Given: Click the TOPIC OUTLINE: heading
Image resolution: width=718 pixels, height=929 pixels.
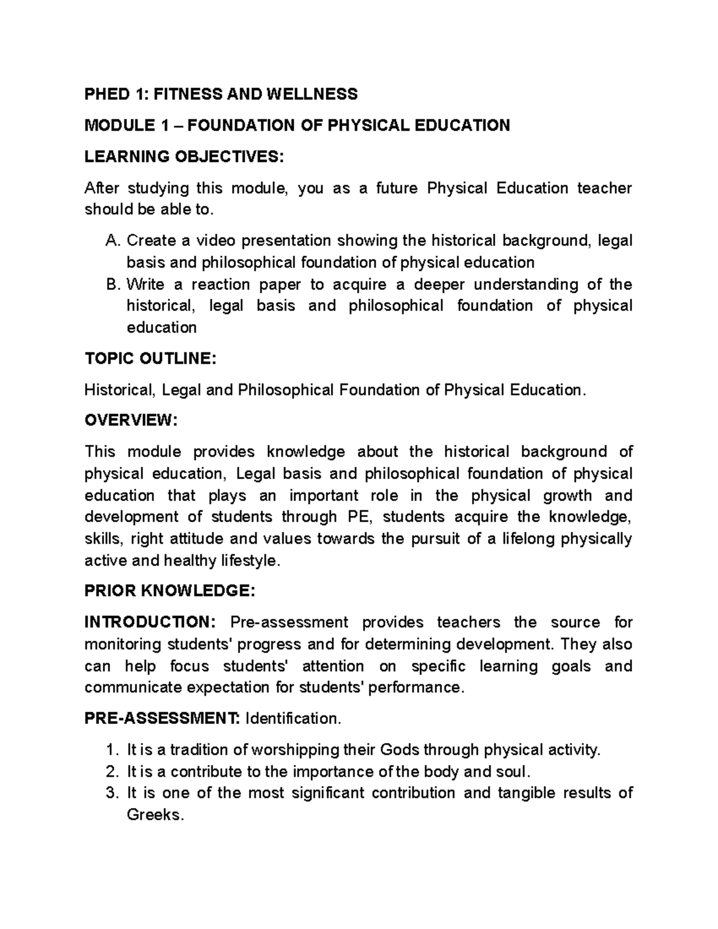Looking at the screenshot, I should (x=148, y=359).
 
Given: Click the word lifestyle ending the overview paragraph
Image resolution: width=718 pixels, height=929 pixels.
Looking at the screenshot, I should (x=249, y=561).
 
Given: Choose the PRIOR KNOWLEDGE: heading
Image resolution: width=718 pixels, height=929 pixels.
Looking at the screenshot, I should (x=170, y=591).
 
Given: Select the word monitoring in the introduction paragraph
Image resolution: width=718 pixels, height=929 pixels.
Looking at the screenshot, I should (x=123, y=644).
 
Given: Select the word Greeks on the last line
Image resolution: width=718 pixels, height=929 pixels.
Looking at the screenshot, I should (x=153, y=815).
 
